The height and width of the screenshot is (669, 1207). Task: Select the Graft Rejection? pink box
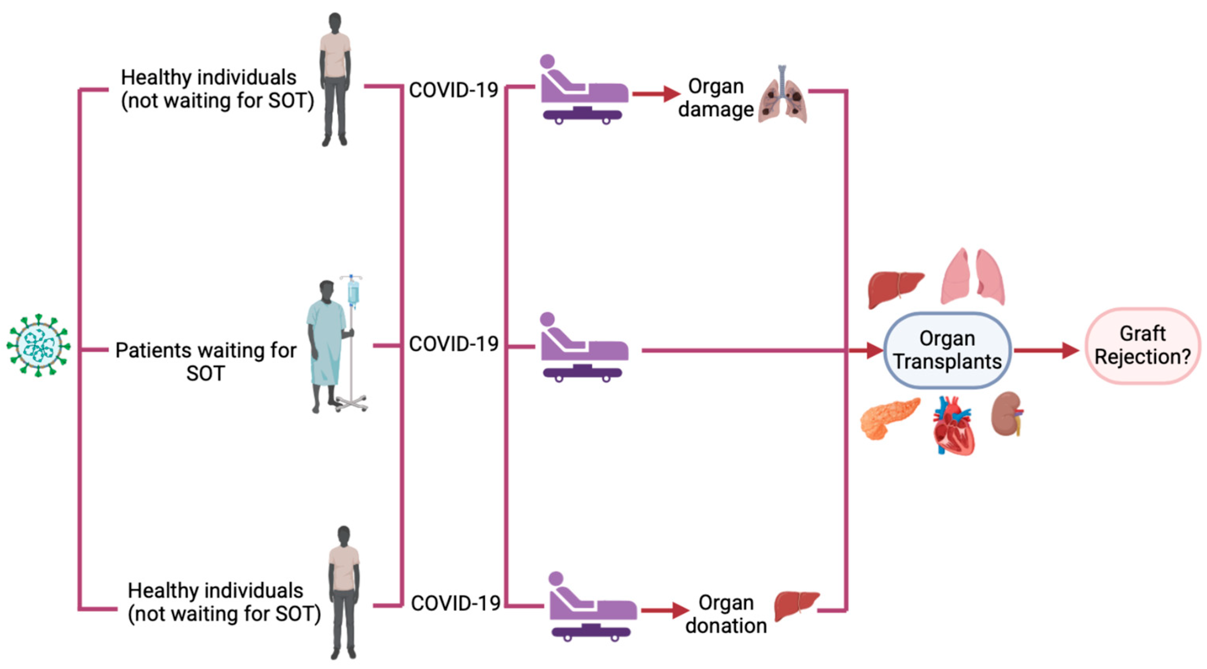point(1143,346)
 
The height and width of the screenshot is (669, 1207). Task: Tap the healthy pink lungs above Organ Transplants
point(973,278)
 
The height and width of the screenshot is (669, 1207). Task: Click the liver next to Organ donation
point(796,605)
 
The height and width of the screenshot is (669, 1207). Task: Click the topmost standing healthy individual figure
point(335,80)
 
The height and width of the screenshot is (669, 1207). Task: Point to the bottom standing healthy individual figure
point(344,592)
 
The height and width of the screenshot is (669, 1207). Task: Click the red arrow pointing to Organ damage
point(656,94)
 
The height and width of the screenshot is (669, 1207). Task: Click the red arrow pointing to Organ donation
point(664,610)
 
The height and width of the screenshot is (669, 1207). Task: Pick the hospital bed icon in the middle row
point(584,347)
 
